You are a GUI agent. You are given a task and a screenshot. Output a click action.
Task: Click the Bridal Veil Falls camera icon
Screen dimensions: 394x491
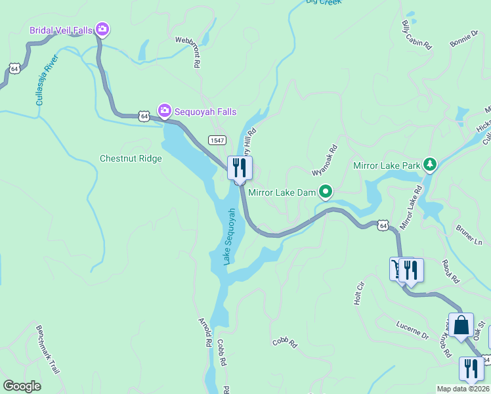point(102,29)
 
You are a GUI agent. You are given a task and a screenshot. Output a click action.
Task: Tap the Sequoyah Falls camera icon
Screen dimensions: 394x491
point(164,111)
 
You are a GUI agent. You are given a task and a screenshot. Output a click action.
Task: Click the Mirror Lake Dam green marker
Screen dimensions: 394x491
point(325,192)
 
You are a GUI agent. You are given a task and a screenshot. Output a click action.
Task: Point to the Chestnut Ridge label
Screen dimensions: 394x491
point(131,158)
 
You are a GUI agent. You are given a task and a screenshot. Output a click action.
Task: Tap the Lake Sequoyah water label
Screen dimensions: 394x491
point(229,236)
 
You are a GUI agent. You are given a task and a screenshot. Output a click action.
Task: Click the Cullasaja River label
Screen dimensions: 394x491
point(47,80)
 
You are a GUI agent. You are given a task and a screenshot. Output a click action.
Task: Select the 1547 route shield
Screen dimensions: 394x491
point(217,141)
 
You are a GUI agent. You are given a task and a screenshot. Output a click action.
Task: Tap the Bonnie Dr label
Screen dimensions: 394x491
point(465,38)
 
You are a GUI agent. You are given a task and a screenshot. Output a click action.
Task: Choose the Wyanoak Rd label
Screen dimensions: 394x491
point(324,160)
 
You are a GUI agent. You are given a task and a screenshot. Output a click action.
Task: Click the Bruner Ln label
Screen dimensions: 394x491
point(469,234)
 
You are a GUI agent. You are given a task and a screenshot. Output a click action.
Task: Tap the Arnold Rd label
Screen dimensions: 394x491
point(204,332)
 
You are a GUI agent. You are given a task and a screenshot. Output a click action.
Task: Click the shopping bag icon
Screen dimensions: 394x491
point(461,324)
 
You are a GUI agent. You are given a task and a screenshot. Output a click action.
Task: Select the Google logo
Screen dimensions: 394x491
point(22,386)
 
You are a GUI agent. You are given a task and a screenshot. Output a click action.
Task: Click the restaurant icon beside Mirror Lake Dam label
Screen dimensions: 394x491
point(240,167)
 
